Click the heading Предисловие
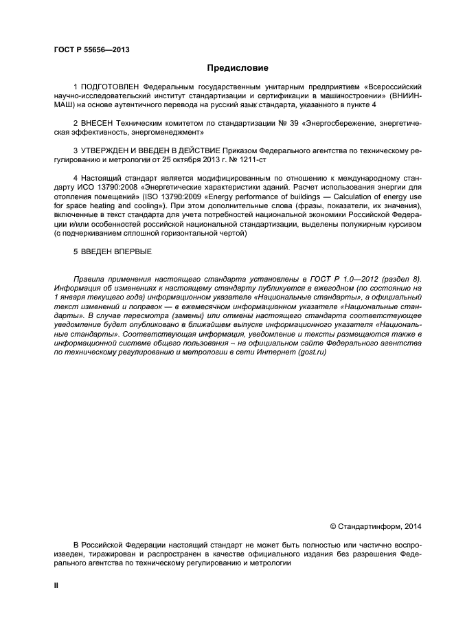[238, 68]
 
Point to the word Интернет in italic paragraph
[273, 351]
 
